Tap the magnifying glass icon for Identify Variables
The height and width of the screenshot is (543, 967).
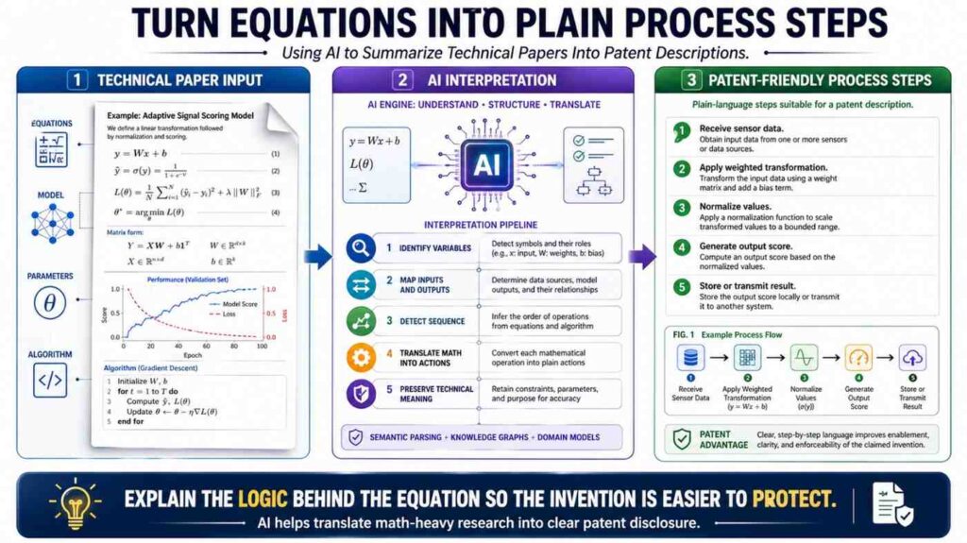(361, 249)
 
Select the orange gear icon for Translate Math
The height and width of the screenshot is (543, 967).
(361, 357)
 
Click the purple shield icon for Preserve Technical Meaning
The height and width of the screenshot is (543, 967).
(361, 392)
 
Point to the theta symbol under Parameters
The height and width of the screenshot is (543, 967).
(49, 303)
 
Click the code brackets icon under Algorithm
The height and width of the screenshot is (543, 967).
(49, 380)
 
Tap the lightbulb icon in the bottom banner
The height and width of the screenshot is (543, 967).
(74, 501)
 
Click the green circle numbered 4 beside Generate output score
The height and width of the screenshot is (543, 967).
(680, 249)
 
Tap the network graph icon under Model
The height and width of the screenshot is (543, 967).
(49, 223)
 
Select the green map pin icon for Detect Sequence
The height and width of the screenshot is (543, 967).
(361, 321)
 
